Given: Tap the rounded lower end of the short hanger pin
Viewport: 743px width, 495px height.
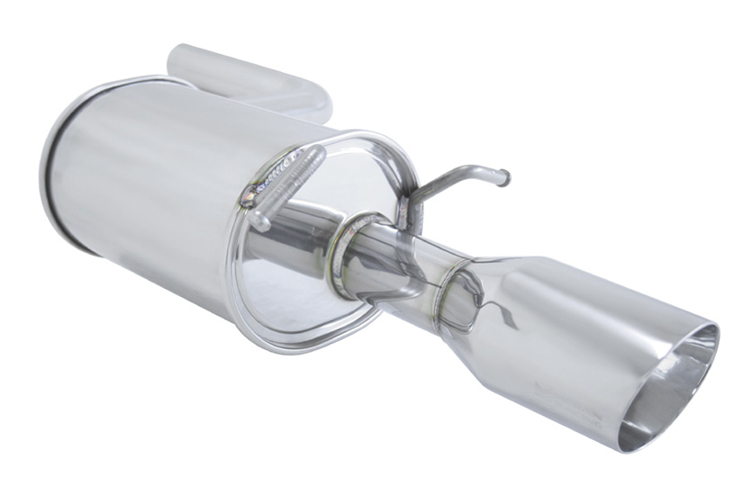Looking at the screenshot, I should pyautogui.click(x=259, y=221).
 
